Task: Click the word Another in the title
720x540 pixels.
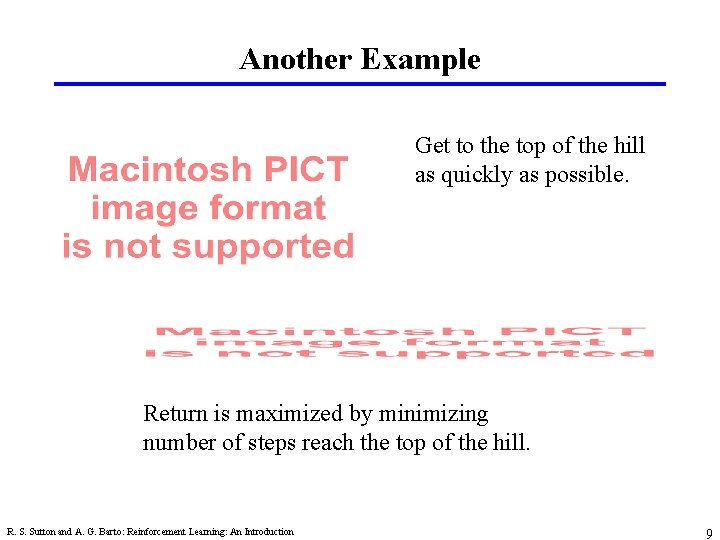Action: tap(296, 60)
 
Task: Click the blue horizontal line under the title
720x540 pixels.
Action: tap(360, 84)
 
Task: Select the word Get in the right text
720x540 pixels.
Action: tap(432, 146)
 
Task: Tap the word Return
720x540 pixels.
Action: tap(176, 413)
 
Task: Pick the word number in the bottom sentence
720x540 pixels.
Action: tap(176, 442)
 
